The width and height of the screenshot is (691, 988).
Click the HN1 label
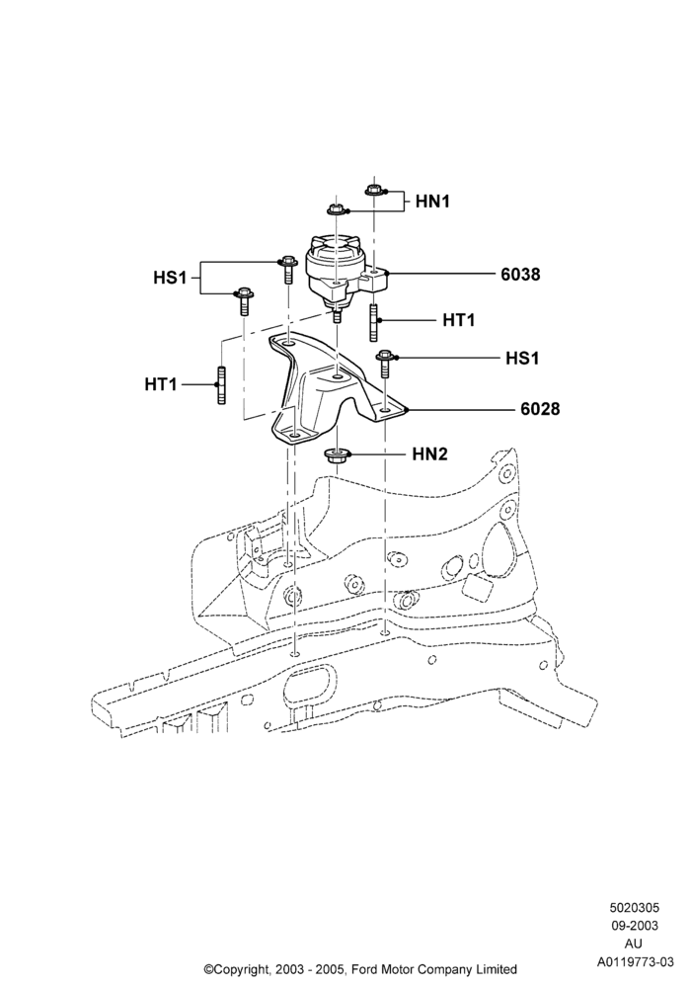tap(432, 202)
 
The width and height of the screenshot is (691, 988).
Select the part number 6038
tap(520, 274)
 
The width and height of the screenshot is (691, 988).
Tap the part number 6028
tap(540, 409)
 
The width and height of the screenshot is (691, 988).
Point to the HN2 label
tap(429, 453)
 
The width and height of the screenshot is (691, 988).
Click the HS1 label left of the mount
tap(171, 278)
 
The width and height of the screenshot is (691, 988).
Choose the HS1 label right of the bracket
tap(523, 358)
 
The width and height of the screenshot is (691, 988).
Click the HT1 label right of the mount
tap(459, 320)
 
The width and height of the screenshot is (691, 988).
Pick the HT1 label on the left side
tap(161, 383)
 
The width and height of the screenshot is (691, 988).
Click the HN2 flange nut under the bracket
tap(338, 456)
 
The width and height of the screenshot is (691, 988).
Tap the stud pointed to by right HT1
tap(373, 323)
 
